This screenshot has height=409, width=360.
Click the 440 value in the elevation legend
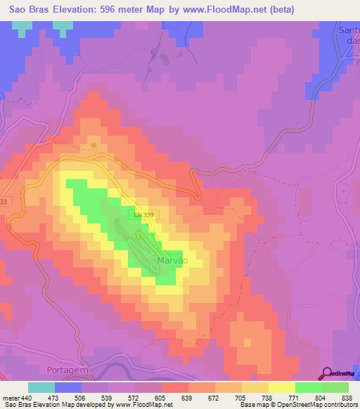28,398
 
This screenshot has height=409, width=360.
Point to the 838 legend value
348,398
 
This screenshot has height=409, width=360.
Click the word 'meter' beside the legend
10,398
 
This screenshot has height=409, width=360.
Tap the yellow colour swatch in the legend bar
281,387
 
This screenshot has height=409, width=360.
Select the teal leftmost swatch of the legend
41,387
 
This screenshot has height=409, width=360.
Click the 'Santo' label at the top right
349,30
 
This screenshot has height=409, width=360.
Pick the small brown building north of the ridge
93,146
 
